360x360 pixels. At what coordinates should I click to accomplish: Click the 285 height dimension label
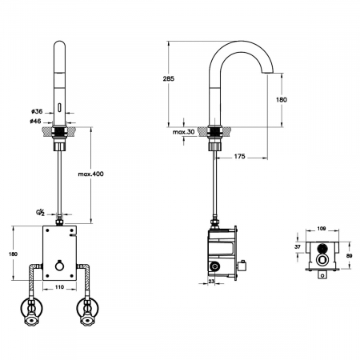(x=169, y=78)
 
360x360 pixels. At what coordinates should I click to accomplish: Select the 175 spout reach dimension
(x=239, y=156)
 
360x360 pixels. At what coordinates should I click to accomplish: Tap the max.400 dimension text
(x=90, y=174)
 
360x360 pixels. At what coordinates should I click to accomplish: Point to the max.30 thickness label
(x=183, y=132)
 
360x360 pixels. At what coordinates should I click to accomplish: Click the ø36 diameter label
(x=37, y=111)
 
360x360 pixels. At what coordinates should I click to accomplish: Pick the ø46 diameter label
(x=35, y=121)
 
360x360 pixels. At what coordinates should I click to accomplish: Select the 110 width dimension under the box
(x=59, y=287)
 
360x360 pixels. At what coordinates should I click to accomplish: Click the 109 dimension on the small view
(x=322, y=229)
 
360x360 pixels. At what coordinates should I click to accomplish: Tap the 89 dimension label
(x=350, y=256)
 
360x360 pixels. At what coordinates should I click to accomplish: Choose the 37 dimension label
(x=298, y=247)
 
